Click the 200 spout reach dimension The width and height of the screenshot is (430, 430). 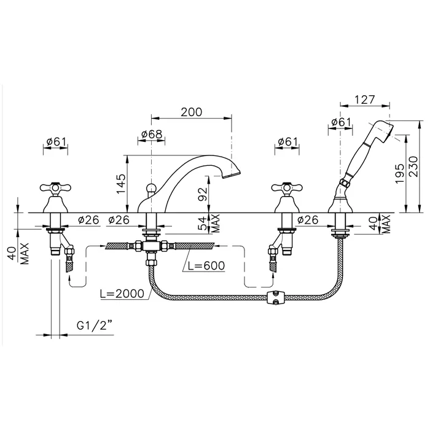[x=192, y=112]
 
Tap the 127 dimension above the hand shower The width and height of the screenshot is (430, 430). [x=364, y=100]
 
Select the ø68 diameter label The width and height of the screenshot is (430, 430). [x=152, y=135]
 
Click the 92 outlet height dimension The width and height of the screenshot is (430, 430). [x=203, y=194]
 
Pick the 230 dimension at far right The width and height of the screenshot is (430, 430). [x=413, y=166]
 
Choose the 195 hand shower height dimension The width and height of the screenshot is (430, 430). [x=399, y=174]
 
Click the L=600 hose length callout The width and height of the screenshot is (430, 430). [x=206, y=265]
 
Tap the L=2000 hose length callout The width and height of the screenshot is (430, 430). [x=122, y=294]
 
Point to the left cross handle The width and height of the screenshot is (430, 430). [x=55, y=188]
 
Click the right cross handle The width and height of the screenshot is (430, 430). [x=287, y=188]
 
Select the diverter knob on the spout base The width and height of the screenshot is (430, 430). [x=150, y=189]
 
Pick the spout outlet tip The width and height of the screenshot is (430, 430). [x=232, y=175]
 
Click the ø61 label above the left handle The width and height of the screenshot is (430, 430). [x=57, y=142]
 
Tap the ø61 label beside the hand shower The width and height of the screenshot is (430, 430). [x=341, y=122]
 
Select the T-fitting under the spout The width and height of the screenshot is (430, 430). [x=150, y=246]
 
